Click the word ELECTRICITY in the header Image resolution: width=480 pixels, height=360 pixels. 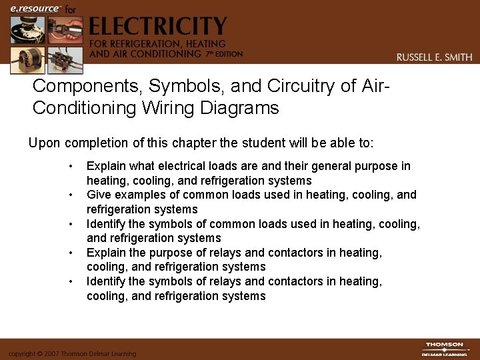(x=157, y=27)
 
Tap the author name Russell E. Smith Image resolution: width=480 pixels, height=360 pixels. (x=434, y=57)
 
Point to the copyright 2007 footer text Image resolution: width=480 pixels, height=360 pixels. (x=72, y=353)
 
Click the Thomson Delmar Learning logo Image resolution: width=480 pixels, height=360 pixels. (x=445, y=349)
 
